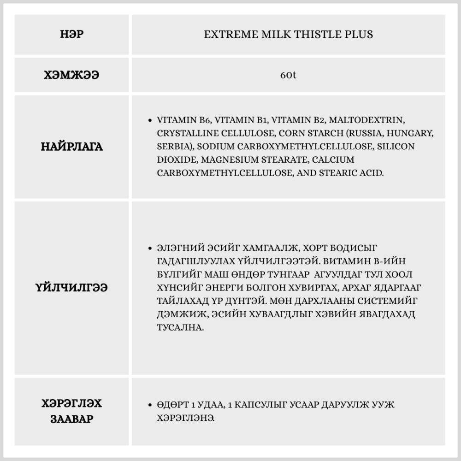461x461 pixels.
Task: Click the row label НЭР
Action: tap(72, 34)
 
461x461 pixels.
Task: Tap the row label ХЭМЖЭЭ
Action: tap(72, 75)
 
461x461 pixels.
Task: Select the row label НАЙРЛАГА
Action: tap(72, 147)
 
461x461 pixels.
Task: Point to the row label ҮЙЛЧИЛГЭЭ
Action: tap(72, 288)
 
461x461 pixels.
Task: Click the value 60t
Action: tap(288, 75)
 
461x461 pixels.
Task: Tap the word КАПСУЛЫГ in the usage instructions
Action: tap(260, 405)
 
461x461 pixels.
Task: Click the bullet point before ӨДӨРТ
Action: tap(150, 405)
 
